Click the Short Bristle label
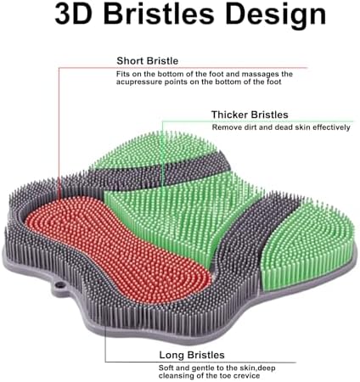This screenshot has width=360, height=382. tap(148, 61)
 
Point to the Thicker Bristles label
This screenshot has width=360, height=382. tap(250, 115)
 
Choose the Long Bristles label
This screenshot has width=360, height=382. tap(192, 355)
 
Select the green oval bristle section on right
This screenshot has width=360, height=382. tap(307, 244)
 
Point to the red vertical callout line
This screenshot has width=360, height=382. tap(59, 133)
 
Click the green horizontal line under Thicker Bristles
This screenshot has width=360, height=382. tap(257, 121)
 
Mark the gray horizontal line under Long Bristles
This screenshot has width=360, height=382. tap(200, 362)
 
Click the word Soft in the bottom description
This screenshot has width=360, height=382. tap(166, 368)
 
